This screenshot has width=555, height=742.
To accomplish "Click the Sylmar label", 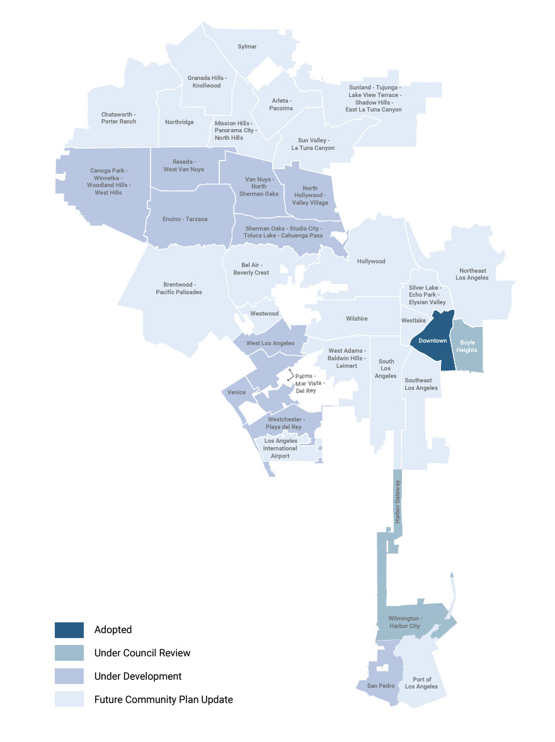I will coord(247,47).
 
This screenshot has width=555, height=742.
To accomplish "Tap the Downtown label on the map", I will coord(433,341).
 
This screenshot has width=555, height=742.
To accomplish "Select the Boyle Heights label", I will coord(467,346).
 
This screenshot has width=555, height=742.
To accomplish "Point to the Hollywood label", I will coord(371,261).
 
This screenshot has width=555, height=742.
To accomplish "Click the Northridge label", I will coord(180,122).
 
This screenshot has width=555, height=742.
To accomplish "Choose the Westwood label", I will coord(265,314).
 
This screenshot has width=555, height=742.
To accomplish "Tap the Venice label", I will coord(237,392).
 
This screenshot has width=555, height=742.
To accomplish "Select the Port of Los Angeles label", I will coord(422,683).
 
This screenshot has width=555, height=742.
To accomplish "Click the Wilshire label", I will coord(357,319).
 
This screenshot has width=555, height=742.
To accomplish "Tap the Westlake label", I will coord(413,321).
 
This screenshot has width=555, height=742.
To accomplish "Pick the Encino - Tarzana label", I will coord(185,219).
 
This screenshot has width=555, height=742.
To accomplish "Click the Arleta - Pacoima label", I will coord(282,105).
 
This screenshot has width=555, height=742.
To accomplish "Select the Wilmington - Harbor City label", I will coord(404,622).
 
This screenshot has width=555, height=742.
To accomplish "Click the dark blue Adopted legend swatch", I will coord(69,630).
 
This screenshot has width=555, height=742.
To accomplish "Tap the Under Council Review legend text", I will coord(142,653).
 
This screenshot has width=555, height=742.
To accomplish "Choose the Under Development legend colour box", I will coord(69,676).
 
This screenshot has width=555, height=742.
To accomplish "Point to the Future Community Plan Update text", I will coord(164,700).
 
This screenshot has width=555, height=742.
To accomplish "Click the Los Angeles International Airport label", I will coord(280,448).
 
